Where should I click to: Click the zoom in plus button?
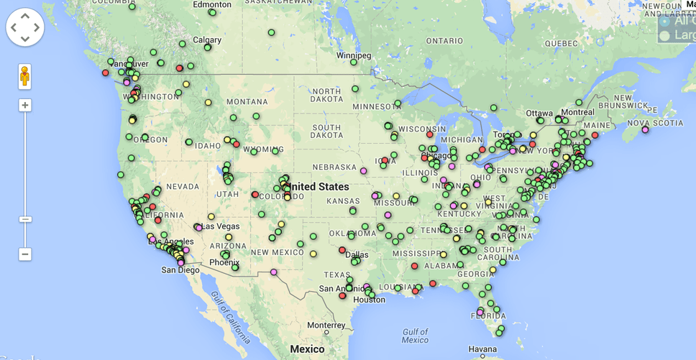tap(25, 106)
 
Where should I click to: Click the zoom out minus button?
tap(25, 254)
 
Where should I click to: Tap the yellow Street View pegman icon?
tap(25, 76)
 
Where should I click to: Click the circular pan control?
tap(25, 27)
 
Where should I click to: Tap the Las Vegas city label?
tap(220, 226)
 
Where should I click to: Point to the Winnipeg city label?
tap(354, 55)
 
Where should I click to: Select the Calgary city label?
tap(207, 40)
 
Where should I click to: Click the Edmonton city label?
tap(212, 4)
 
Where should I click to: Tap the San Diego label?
tap(180, 270)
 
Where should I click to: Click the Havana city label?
tap(482, 349)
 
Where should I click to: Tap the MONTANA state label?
tap(247, 102)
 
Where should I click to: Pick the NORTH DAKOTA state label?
tap(326, 96)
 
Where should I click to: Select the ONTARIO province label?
tap(444, 41)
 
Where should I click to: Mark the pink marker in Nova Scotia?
tap(645, 130)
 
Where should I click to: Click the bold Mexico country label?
tap(307, 349)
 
